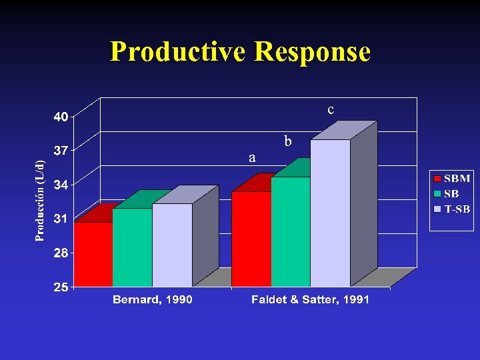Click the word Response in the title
(312, 52)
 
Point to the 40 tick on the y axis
(61, 117)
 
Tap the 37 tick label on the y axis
(61, 151)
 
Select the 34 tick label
(61, 185)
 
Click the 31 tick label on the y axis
(61, 219)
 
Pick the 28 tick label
(61, 253)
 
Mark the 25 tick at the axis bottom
(61, 287)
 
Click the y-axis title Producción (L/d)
(41, 201)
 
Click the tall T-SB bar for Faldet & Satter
(330, 213)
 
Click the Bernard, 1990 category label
(153, 300)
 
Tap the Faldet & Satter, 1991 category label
(310, 300)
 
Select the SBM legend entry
(453, 179)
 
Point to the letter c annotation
(331, 109)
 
